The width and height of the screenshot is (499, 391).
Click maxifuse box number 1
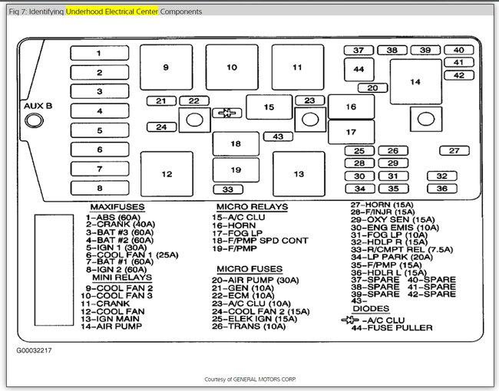point(100,53)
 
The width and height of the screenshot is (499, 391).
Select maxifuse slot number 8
point(100,188)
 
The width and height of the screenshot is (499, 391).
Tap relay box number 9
point(166,67)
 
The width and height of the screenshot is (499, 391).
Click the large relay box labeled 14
point(415,82)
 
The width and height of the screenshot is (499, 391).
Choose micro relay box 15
point(269,107)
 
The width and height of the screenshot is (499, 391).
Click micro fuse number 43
point(277,136)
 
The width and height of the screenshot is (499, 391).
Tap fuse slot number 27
point(454,151)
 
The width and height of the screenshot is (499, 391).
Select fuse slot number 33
point(228,189)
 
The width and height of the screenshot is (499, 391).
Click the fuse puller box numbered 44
point(359,69)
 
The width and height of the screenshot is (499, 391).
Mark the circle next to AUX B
point(34,120)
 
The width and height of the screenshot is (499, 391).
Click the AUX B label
point(38,105)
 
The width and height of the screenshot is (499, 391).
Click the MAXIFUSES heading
point(117,207)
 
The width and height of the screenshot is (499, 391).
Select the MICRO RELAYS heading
point(252,207)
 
